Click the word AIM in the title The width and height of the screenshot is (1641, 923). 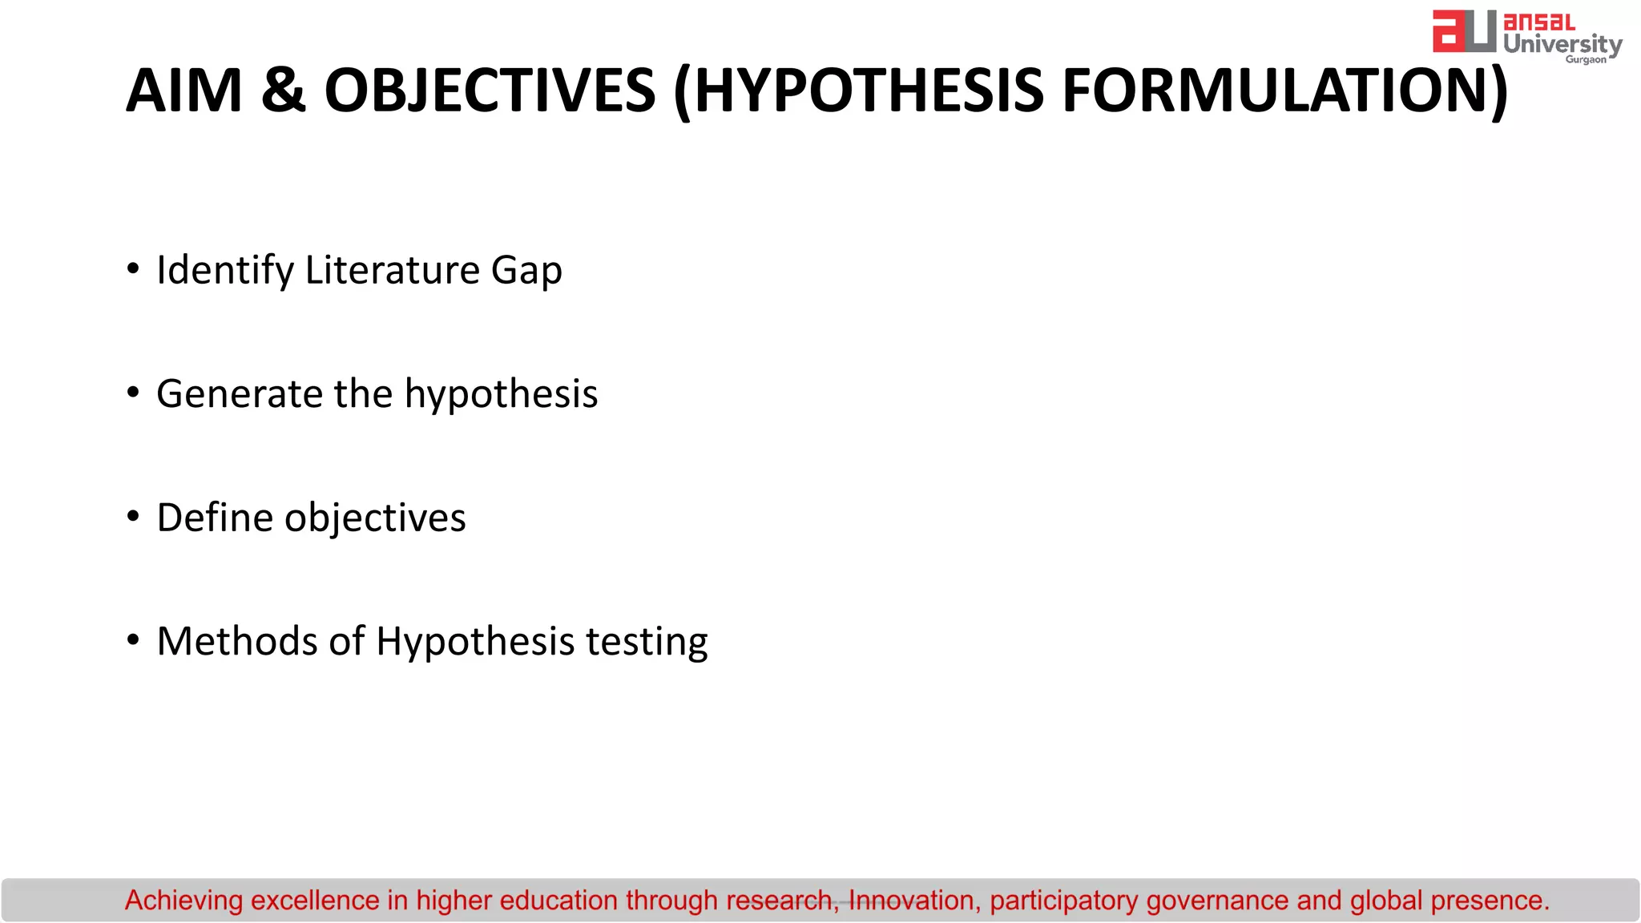click(184, 91)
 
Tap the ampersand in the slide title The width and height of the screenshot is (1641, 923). click(283, 91)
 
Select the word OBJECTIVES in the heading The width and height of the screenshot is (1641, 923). click(490, 91)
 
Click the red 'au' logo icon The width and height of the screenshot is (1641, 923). click(1464, 31)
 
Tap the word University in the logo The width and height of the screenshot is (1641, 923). click(1562, 43)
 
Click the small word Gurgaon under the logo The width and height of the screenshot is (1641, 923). click(1586, 60)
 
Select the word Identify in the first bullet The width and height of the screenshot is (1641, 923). click(225, 270)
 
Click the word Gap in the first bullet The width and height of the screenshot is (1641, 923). click(526, 270)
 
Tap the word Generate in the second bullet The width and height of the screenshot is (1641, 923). click(239, 393)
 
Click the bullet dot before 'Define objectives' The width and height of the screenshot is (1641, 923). click(133, 516)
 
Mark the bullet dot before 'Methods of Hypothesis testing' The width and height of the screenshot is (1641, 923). click(133, 639)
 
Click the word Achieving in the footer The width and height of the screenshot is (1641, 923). click(183, 901)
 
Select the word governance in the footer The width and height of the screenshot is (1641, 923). click(1217, 901)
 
